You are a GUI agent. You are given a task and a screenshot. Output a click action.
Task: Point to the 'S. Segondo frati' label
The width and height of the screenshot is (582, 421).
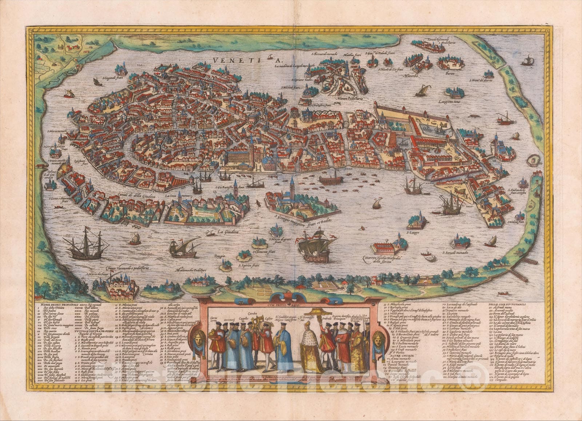103,77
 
